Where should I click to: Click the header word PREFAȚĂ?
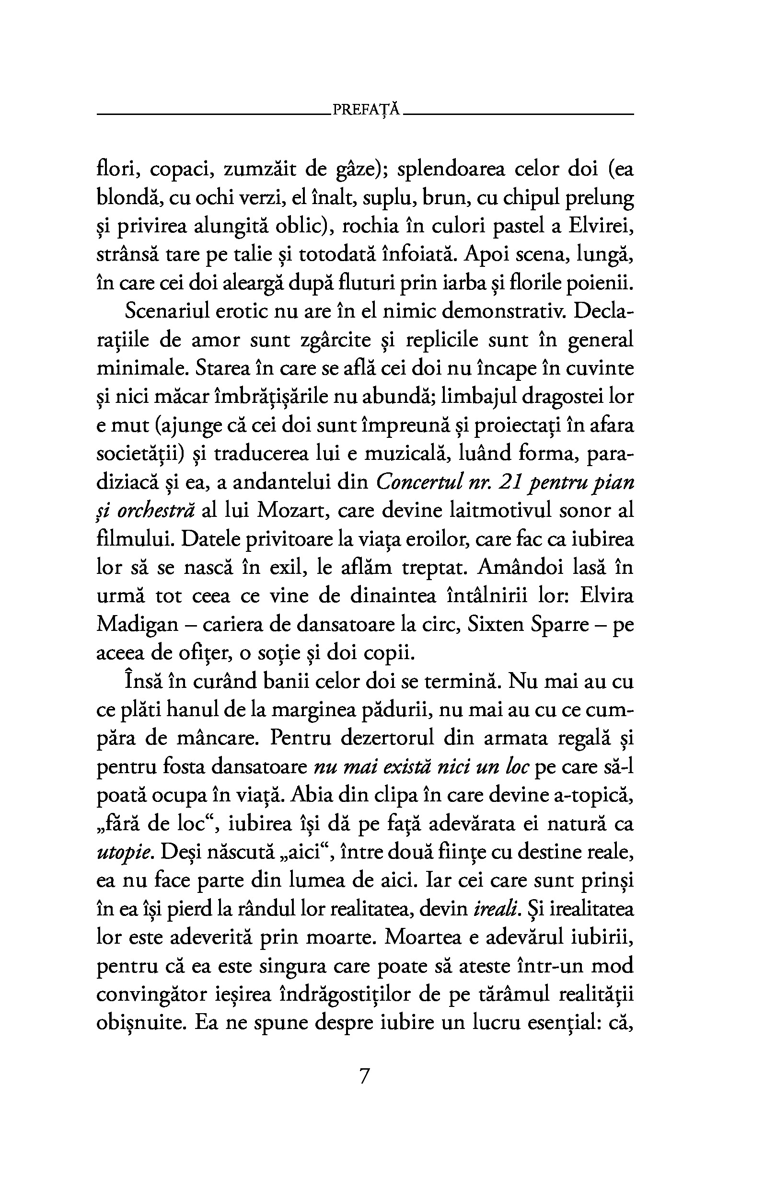click(x=366, y=109)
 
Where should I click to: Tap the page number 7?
click(x=365, y=1077)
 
